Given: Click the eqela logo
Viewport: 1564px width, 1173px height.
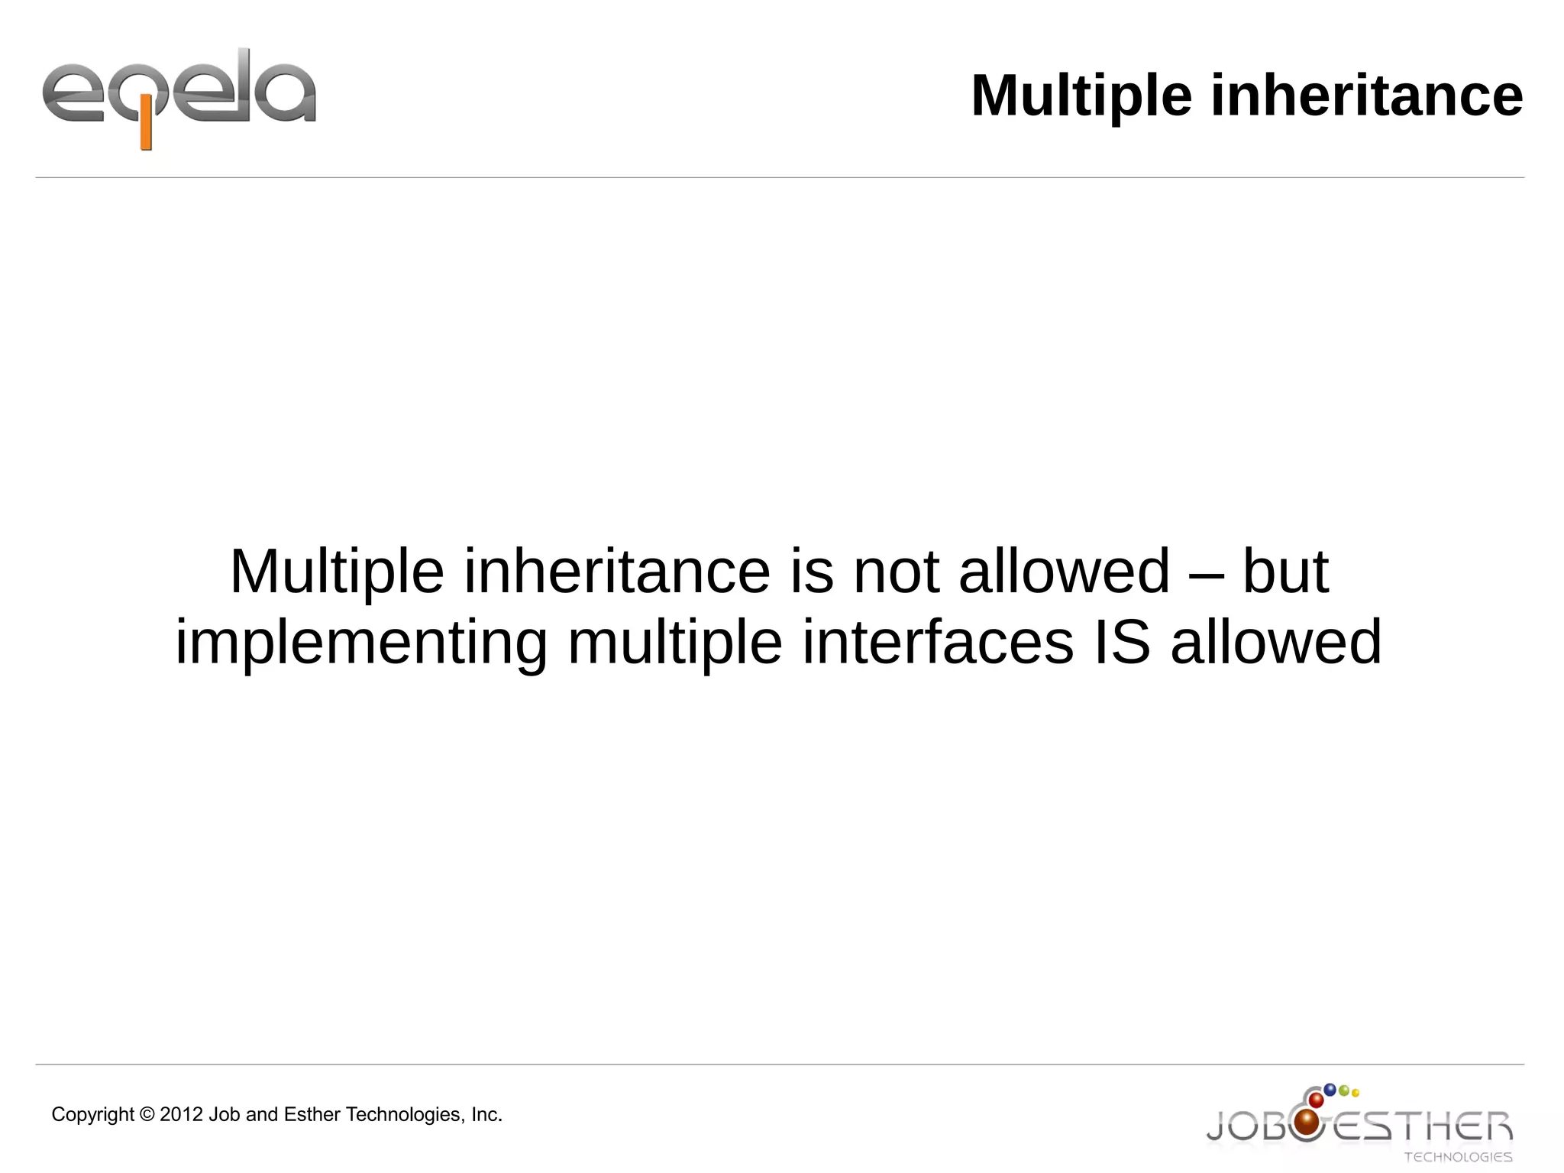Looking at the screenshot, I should point(179,96).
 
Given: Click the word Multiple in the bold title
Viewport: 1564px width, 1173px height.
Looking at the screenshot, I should point(1081,96).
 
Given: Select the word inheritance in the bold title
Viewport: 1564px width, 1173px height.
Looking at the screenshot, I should point(1366,96).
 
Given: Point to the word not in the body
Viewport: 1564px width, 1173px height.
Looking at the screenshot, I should point(895,572).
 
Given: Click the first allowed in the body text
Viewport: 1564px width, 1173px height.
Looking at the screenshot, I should point(1064,572).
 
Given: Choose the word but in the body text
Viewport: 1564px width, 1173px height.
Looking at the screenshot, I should point(1285,572).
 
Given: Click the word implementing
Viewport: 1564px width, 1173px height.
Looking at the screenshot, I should point(361,643).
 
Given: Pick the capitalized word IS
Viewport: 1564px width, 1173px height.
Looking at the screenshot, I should point(1122,643).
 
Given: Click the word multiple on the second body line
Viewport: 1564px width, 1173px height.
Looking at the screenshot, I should point(675,643).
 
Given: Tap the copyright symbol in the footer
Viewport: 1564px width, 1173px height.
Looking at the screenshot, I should point(147,1115).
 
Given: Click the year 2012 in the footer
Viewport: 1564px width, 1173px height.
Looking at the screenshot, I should point(182,1115).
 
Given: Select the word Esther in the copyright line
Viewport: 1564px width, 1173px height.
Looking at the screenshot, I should point(312,1115).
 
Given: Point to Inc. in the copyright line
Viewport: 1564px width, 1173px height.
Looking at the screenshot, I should point(486,1115).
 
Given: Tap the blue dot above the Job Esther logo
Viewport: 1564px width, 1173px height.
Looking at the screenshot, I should point(1330,1090).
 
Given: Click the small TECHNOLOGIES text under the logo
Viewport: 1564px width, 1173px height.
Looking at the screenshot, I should point(1458,1158).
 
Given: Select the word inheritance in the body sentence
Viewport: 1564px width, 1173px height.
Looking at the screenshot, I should point(617,572).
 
